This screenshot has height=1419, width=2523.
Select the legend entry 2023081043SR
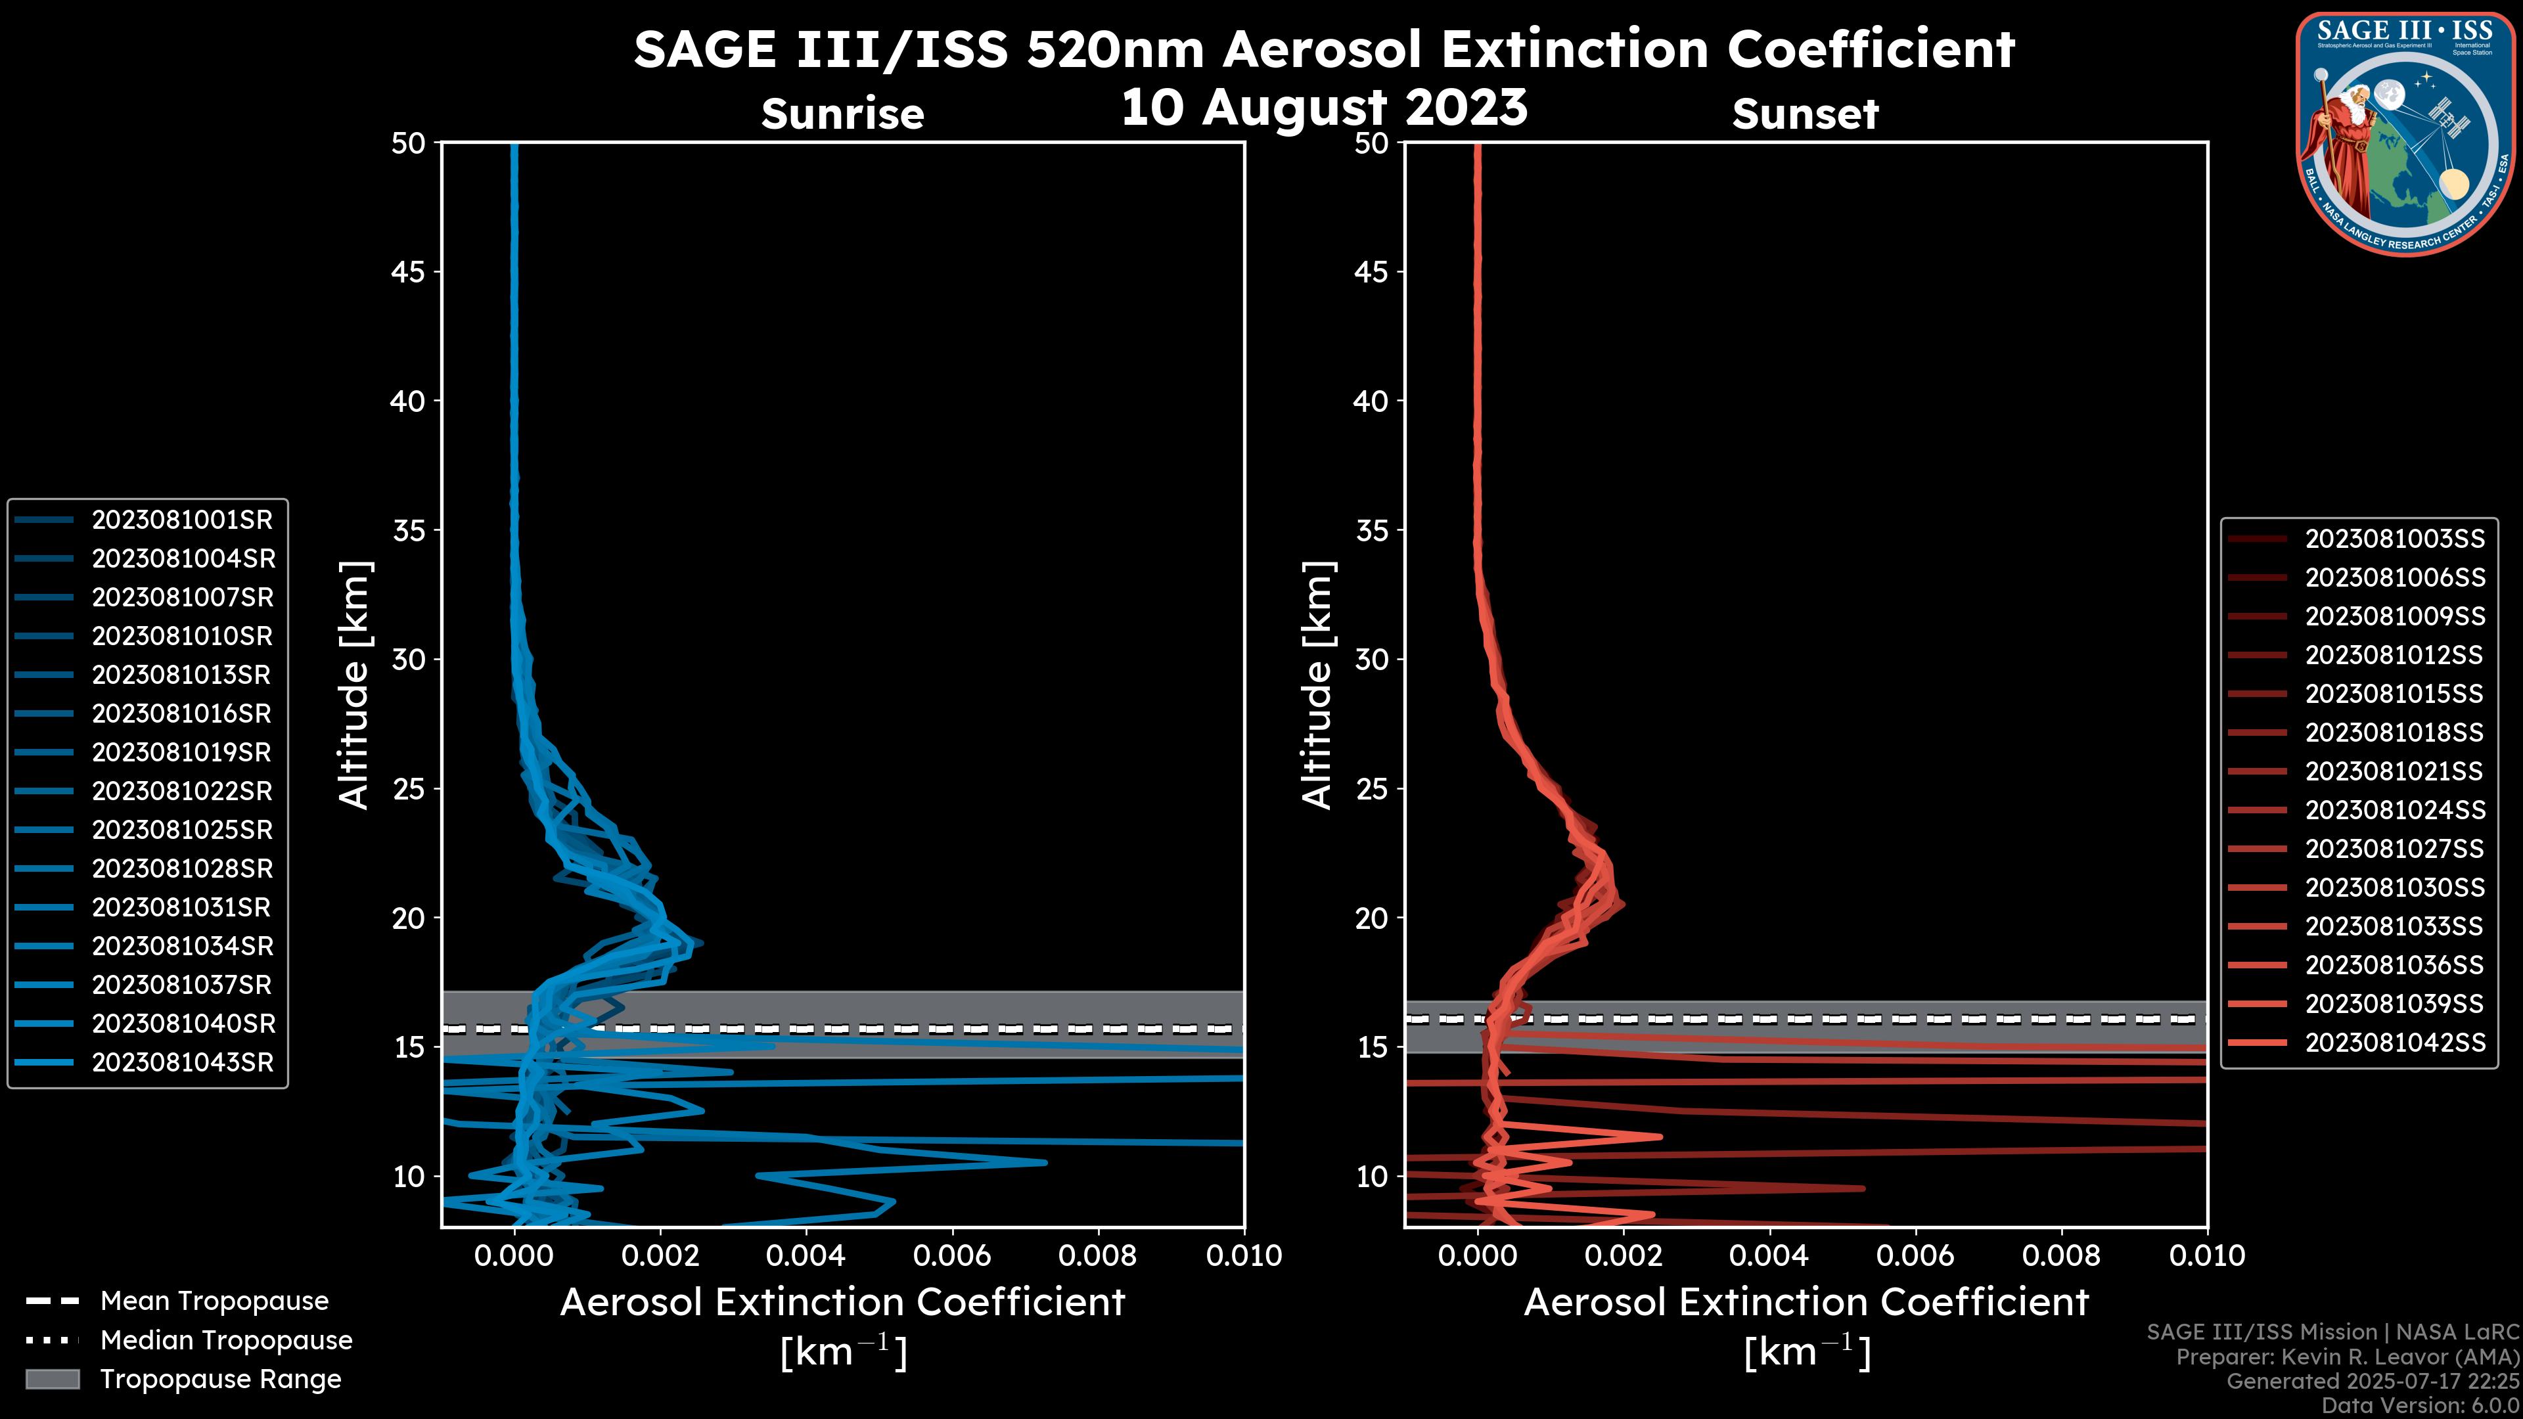(182, 1062)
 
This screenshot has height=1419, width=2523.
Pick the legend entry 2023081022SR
(182, 791)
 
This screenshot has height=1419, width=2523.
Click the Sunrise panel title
(842, 114)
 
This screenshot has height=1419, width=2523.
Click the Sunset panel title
(1805, 114)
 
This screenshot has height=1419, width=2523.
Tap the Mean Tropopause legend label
(214, 1301)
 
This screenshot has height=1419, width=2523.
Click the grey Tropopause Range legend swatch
(52, 1380)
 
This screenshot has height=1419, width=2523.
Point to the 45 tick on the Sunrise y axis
(409, 272)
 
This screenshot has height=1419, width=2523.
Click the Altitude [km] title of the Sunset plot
(1317, 685)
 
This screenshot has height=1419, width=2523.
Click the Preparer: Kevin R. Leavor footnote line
(2347, 1357)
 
